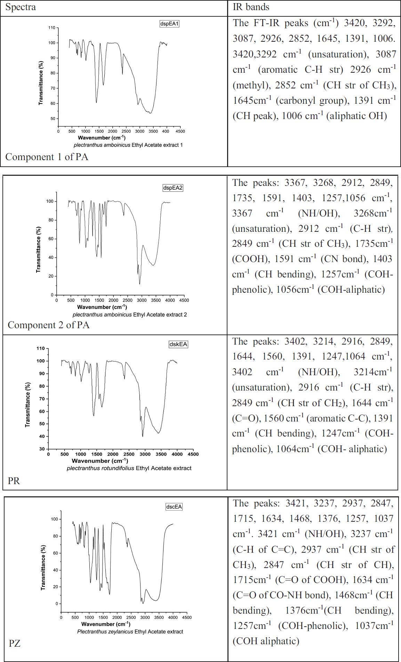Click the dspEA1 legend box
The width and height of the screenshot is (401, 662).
click(x=169, y=24)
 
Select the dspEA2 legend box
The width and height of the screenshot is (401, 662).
click(x=173, y=188)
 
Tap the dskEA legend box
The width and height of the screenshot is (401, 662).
click(x=178, y=344)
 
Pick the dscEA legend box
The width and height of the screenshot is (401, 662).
click(x=174, y=506)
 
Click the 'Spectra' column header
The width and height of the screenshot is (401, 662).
click(x=21, y=7)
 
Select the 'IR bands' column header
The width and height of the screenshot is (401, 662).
click(x=251, y=7)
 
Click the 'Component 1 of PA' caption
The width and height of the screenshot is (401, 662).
click(x=47, y=157)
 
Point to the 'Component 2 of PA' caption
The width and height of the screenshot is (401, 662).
click(x=48, y=325)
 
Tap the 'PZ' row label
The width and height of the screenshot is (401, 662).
click(x=15, y=643)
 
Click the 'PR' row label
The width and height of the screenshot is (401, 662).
click(x=14, y=481)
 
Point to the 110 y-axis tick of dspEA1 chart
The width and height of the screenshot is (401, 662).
click(x=51, y=27)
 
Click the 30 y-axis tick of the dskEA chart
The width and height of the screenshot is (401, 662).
click(x=42, y=449)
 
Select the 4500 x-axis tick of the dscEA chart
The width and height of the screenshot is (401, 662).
click(x=187, y=617)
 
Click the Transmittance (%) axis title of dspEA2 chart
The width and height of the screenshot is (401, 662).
click(x=39, y=250)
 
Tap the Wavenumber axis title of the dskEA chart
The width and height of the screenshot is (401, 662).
click(x=100, y=461)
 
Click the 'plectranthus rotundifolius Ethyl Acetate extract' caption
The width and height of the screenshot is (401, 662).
click(x=129, y=468)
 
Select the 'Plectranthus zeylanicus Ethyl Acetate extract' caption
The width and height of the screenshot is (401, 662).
click(x=130, y=631)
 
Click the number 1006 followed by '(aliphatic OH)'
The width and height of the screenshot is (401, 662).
click(x=292, y=116)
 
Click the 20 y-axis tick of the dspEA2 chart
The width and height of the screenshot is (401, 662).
click(x=51, y=276)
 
